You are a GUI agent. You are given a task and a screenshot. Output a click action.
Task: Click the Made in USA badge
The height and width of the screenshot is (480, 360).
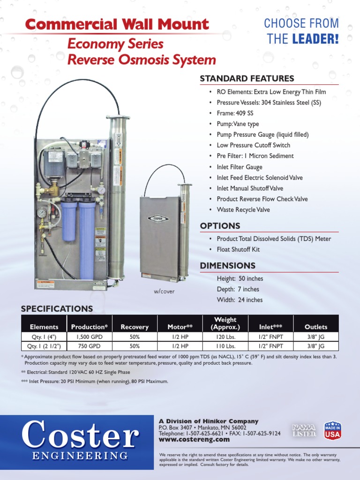pyautogui.click(x=332, y=430)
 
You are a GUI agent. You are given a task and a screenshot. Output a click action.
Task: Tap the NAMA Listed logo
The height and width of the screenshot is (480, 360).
pyautogui.click(x=304, y=430)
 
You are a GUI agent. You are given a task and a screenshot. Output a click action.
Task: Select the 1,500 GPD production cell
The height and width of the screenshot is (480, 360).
pyautogui.click(x=89, y=337)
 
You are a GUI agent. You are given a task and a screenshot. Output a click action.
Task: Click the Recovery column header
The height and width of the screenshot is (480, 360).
pyautogui.click(x=135, y=327)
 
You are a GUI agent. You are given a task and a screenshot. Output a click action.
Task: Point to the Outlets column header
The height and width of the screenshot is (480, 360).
pyautogui.click(x=316, y=327)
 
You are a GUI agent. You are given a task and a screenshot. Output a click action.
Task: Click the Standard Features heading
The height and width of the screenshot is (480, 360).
pyautogui.click(x=247, y=78)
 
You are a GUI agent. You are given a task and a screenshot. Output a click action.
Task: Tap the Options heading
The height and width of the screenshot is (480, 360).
pyautogui.click(x=220, y=226)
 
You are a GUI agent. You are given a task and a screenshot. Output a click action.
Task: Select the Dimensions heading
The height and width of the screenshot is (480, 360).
pyautogui.click(x=228, y=266)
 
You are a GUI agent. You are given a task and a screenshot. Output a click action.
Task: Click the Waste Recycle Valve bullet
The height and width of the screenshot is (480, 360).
pyautogui.click(x=243, y=210)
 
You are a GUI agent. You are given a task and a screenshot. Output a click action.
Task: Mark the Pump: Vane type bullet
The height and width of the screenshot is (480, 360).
pyautogui.click(x=238, y=124)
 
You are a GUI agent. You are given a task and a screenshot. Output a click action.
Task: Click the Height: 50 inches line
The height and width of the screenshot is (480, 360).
pyautogui.click(x=240, y=278)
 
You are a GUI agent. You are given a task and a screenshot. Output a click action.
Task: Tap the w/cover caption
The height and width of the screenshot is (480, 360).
pyautogui.click(x=164, y=292)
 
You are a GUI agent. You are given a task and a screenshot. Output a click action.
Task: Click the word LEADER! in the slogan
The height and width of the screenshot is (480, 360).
pyautogui.click(x=315, y=39)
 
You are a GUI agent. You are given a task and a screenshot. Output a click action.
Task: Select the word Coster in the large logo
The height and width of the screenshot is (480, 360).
pyautogui.click(x=80, y=435)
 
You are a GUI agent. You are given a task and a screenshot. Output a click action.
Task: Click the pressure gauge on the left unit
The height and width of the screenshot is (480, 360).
pyautogui.click(x=42, y=213)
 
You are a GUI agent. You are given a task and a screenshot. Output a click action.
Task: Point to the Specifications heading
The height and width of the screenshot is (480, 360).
pyautogui.click(x=57, y=308)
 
